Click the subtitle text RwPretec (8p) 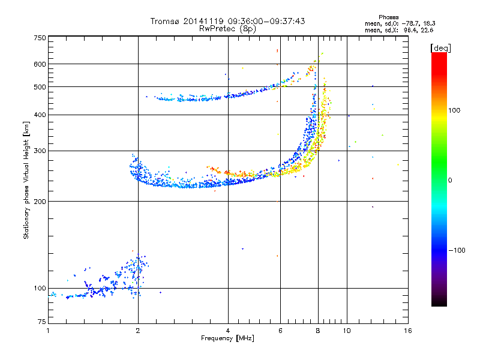click(x=227, y=29)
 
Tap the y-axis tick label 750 click(x=40, y=38)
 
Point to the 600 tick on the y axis click(x=40, y=64)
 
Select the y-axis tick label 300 click(x=40, y=151)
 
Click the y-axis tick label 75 click(x=42, y=322)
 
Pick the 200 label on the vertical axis click(x=40, y=202)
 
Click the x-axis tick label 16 click(x=408, y=331)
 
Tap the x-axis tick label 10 click(x=347, y=331)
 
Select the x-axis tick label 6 click(x=280, y=331)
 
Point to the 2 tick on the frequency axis click(x=138, y=331)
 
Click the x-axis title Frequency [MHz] click(x=228, y=338)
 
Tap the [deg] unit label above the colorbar click(x=440, y=48)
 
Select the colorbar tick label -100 click(x=457, y=250)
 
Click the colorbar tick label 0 click(x=450, y=181)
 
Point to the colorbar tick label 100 click(x=454, y=110)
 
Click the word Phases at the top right click(x=388, y=17)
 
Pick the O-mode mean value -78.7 click(x=410, y=23)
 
